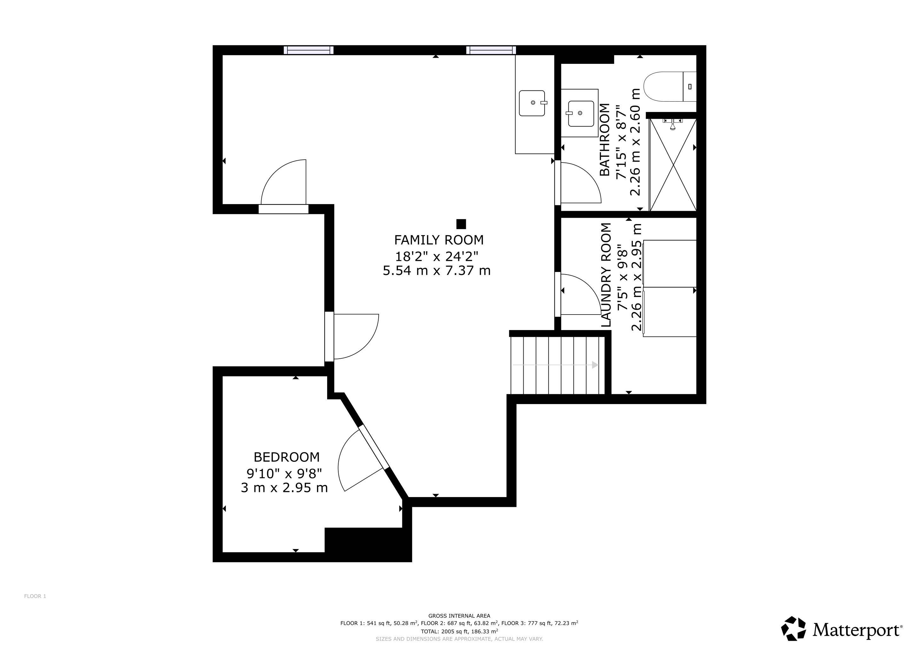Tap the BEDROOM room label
click(287, 457)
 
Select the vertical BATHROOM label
click(605, 140)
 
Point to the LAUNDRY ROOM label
click(606, 275)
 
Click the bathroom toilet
click(670, 86)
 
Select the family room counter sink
click(533, 103)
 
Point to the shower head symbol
click(673, 125)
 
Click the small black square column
click(461, 224)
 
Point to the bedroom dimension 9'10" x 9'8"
click(284, 474)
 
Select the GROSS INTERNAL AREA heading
click(459, 616)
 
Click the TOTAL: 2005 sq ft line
click(459, 631)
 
